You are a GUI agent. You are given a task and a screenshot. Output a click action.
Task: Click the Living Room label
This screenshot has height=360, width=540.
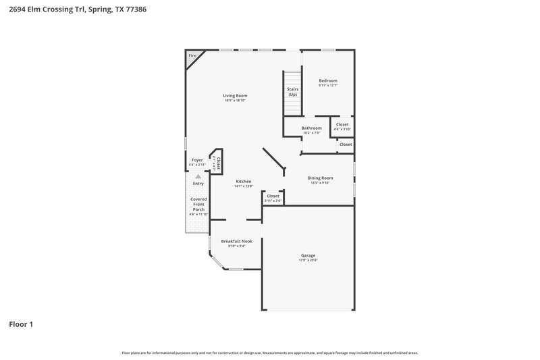(x=235, y=96)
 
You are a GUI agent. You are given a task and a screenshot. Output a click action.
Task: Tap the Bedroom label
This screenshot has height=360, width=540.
(x=328, y=80)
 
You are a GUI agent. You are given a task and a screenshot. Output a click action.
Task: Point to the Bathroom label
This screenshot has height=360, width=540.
(x=311, y=128)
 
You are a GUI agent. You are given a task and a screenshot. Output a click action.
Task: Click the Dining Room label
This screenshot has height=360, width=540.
(x=321, y=178)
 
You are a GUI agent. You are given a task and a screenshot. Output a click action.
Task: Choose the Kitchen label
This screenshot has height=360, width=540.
(x=243, y=181)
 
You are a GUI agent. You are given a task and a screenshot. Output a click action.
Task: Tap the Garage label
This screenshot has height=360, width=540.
(x=308, y=255)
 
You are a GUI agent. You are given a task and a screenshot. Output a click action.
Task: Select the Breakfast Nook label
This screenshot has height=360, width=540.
(x=236, y=241)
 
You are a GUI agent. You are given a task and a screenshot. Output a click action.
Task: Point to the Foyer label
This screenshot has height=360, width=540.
(x=197, y=160)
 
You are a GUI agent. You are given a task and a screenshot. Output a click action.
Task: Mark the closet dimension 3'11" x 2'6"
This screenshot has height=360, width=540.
(x=273, y=201)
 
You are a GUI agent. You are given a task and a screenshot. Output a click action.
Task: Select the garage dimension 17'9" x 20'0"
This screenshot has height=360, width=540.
(x=308, y=260)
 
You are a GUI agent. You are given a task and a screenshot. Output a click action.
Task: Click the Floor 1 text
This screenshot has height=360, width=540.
(x=21, y=324)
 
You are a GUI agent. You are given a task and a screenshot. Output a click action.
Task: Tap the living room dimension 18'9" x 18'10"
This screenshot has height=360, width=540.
(x=235, y=101)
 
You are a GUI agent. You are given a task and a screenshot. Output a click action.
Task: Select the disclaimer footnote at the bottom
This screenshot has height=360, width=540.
(x=269, y=353)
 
